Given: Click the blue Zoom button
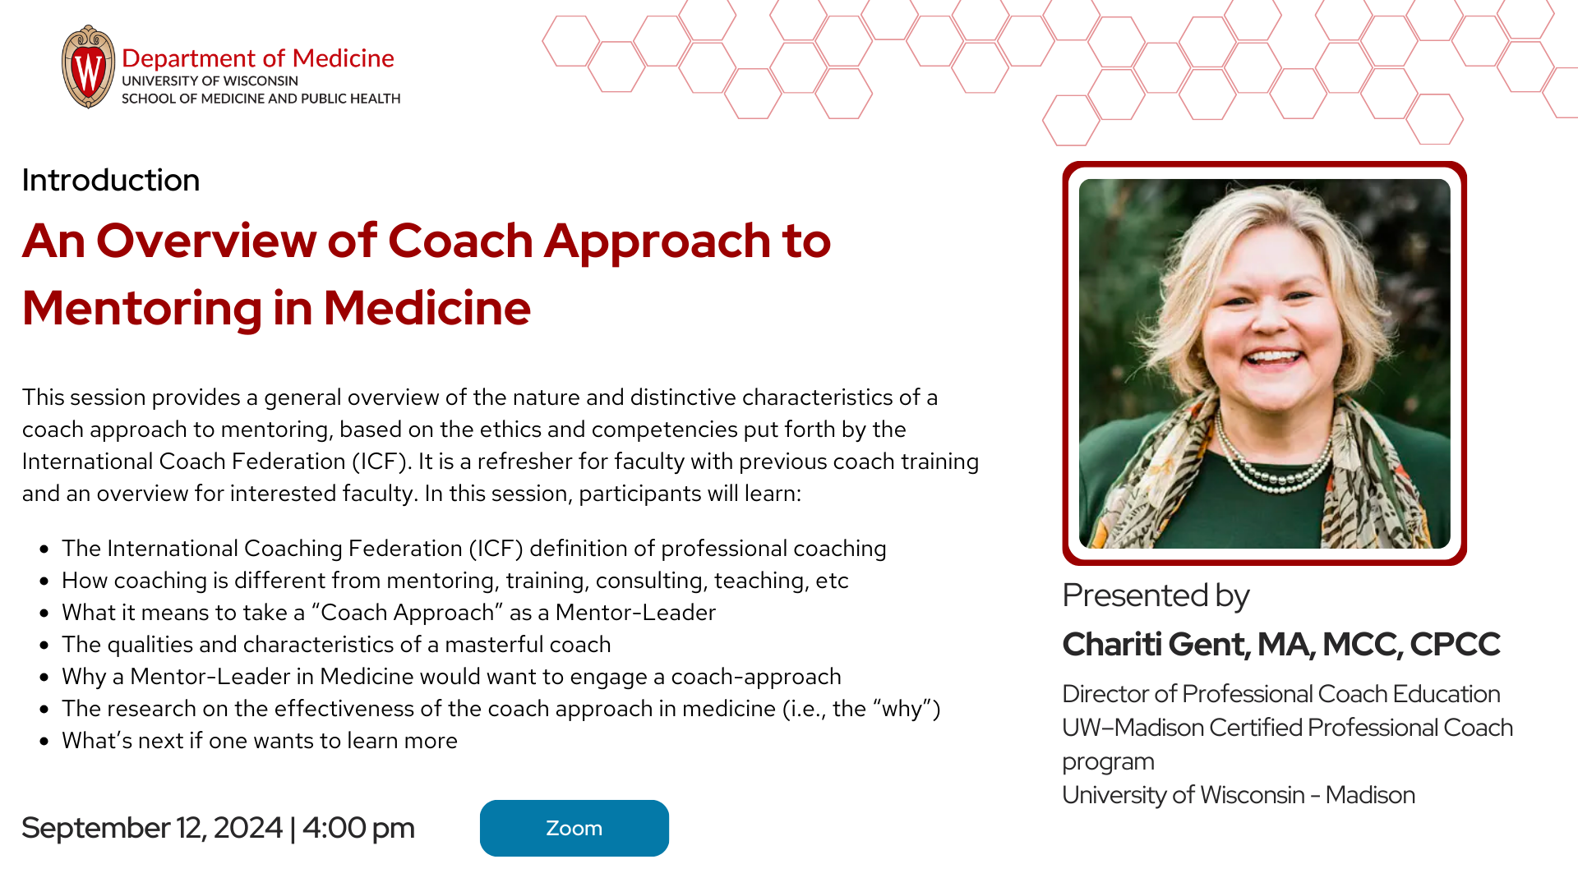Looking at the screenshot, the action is pos(574,828).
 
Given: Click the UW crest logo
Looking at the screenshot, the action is pos(88,67).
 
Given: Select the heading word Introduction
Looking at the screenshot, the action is pos(111,180).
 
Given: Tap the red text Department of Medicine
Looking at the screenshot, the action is pos(258,58).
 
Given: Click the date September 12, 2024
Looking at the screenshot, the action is pos(152,828).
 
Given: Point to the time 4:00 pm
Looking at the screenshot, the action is pos(358,828).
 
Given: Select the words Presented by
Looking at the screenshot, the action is pos(1156,595).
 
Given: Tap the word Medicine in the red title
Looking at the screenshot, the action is pos(427,308).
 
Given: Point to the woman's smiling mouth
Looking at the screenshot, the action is pos(1272,359).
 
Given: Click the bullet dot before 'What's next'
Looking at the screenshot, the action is pos(44,741).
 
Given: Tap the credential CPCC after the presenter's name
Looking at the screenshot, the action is pos(1455,645).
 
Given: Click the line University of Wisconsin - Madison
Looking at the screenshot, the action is pos(1239,795).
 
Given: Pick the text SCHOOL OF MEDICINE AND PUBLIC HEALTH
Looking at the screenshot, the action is pos(261,99).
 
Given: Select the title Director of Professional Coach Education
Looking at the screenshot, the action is pos(1281,694).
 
